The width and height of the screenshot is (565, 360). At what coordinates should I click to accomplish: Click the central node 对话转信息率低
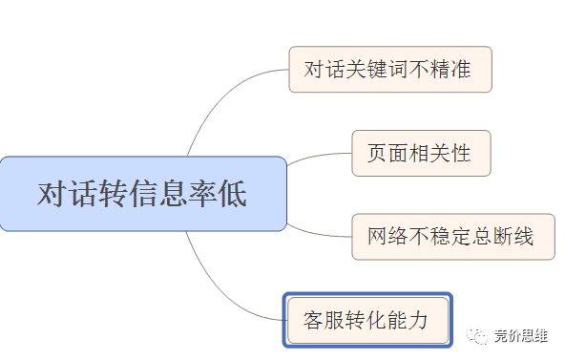pyautogui.click(x=143, y=194)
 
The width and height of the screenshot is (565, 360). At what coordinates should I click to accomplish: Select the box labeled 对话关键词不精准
pyautogui.click(x=390, y=69)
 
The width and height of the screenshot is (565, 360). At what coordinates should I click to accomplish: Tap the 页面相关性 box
pyautogui.click(x=421, y=153)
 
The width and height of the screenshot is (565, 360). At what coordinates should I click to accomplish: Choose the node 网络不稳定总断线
pyautogui.click(x=453, y=237)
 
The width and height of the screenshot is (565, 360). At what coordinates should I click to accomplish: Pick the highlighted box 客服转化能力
pyautogui.click(x=367, y=320)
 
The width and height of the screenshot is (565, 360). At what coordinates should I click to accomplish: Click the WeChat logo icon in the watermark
pyautogui.click(x=476, y=336)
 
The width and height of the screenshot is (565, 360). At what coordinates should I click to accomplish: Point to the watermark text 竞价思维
pyautogui.click(x=521, y=336)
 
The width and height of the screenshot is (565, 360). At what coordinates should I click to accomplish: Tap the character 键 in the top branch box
pyautogui.click(x=377, y=69)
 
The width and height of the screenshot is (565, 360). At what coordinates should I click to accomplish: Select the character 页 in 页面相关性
pyautogui.click(x=377, y=153)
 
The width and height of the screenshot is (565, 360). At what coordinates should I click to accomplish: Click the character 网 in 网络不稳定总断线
pyautogui.click(x=378, y=237)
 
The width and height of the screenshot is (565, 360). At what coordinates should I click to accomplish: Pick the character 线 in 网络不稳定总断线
pyautogui.click(x=524, y=237)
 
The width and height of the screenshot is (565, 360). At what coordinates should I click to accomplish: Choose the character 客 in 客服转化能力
pyautogui.click(x=313, y=320)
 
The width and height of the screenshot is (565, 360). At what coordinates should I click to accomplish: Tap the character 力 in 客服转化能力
pyautogui.click(x=418, y=320)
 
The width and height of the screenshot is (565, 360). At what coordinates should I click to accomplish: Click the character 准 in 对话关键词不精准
pyautogui.click(x=461, y=69)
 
